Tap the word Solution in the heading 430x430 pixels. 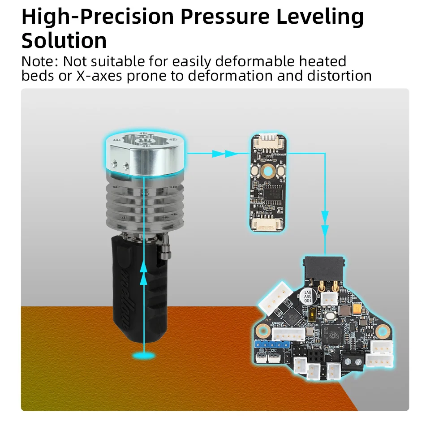pyautogui.click(x=64, y=41)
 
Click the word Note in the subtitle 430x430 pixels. pyautogui.click(x=39, y=61)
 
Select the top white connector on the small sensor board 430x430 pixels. pyautogui.click(x=268, y=142)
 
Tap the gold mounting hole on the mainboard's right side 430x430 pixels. pyautogui.click(x=382, y=331)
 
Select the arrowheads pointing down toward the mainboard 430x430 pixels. pyautogui.click(x=325, y=224)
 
